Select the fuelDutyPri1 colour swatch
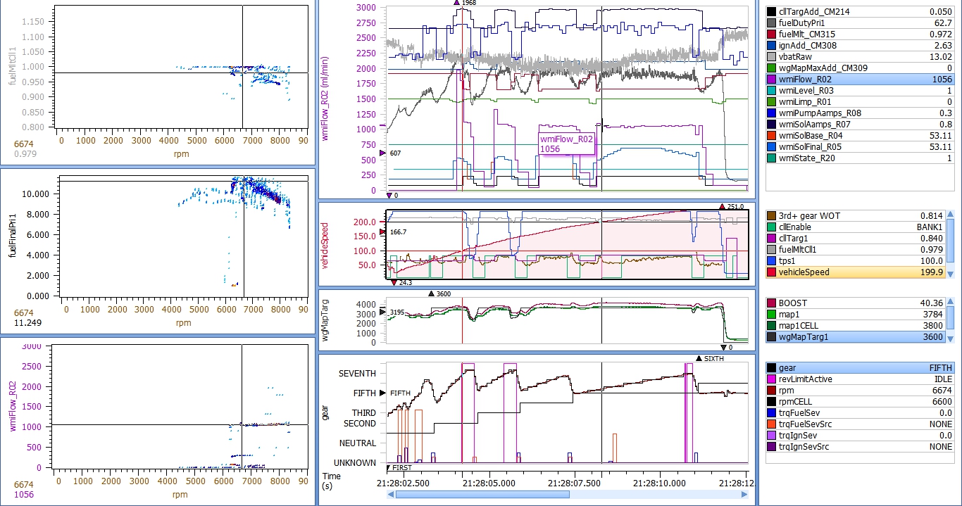[771, 23]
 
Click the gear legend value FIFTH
[939, 368]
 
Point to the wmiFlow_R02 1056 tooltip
[566, 144]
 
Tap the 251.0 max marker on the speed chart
[735, 206]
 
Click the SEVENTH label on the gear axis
[357, 374]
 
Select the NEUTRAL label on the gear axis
[357, 443]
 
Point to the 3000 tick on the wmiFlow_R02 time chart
[365, 8]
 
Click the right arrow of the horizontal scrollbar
[744, 495]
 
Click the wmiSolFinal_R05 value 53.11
[940, 147]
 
